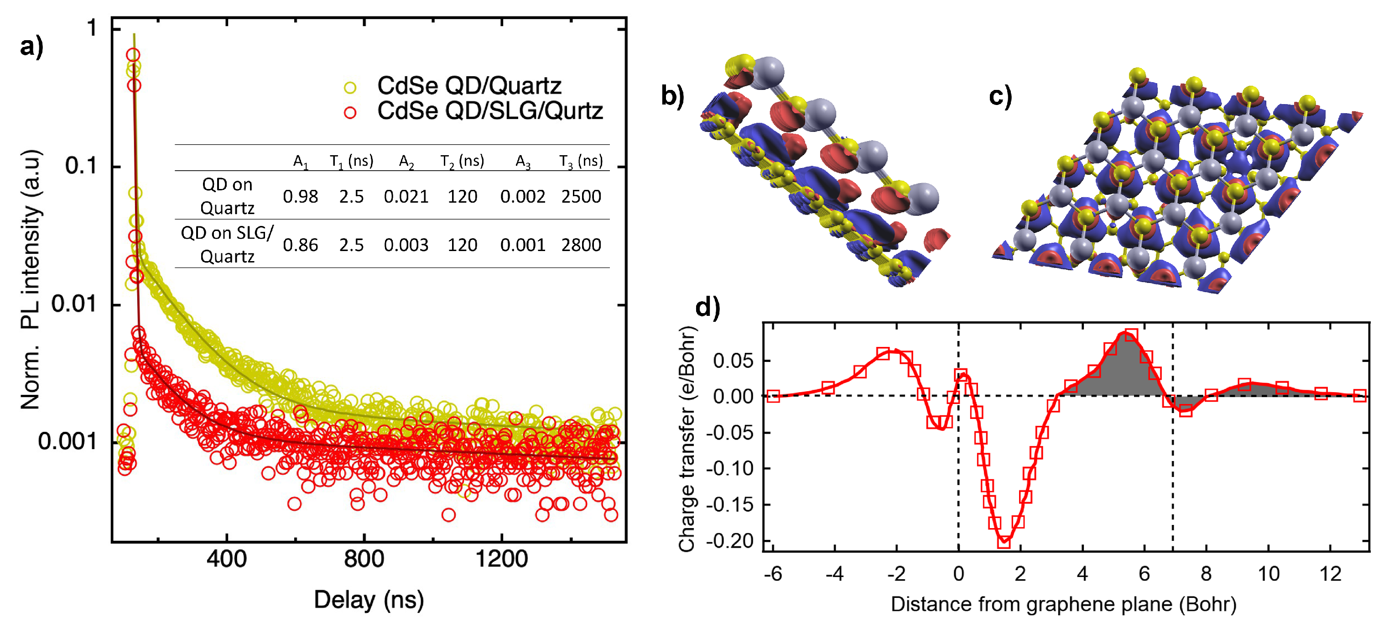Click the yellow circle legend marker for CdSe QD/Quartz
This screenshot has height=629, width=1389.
350,87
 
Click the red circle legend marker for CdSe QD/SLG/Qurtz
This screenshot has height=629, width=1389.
350,113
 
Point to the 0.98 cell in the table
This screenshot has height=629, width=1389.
300,197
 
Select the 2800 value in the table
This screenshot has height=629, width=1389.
581,245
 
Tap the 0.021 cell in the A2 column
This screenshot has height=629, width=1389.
406,197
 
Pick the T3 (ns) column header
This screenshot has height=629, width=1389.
581,161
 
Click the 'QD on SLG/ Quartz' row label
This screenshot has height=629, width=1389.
227,244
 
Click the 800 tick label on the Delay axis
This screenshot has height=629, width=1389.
364,559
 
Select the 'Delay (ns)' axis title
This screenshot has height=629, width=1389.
369,600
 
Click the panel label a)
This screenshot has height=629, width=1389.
31,47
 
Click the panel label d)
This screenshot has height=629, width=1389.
708,308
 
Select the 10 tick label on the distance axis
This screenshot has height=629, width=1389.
1268,573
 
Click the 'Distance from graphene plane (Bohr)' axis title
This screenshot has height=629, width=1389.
1063,604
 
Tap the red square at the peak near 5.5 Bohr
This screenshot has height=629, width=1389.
1131,335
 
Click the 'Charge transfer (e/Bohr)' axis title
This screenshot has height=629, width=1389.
687,438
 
